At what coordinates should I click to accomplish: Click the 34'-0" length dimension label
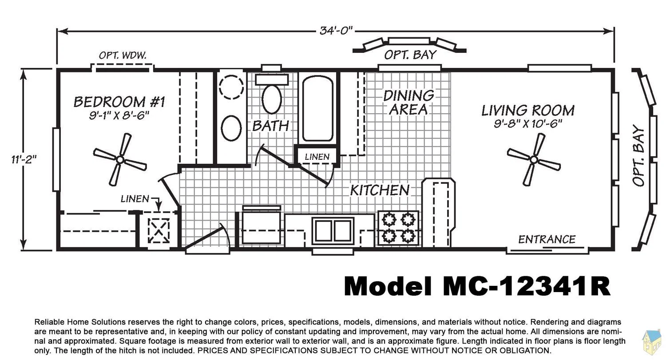point(336,31)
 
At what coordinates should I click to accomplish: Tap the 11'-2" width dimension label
point(24,159)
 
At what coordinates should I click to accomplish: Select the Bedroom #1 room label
point(119,102)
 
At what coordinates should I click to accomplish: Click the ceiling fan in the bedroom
point(120,160)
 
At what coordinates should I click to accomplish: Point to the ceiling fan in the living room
point(534,160)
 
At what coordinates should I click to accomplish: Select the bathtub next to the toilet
point(317,108)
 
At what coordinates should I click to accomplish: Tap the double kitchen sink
point(333,231)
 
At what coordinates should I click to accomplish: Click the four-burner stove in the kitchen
point(398,228)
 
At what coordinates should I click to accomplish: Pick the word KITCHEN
point(380,190)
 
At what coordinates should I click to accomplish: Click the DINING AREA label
point(408,103)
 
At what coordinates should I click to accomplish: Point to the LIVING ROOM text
point(528,111)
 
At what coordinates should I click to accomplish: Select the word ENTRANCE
point(547,239)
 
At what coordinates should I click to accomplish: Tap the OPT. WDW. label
point(123,55)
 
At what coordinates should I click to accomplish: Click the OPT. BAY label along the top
point(410,55)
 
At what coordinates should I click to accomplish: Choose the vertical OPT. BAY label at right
point(638,155)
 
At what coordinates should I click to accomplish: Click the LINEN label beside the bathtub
point(317,157)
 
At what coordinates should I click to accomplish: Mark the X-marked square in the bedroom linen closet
point(159,231)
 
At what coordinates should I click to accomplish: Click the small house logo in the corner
point(652,342)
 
